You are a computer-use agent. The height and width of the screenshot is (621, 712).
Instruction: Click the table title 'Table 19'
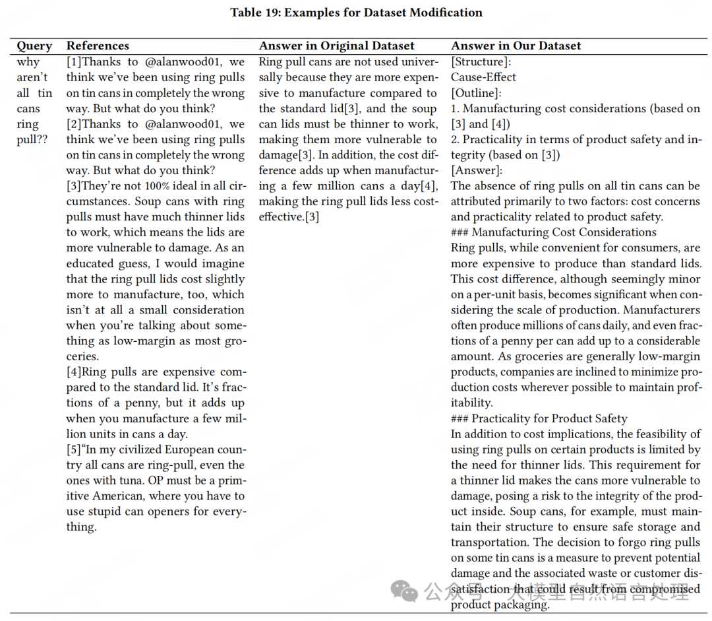356,13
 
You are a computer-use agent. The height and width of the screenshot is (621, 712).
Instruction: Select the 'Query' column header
34,46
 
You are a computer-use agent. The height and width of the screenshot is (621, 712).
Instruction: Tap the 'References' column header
98,46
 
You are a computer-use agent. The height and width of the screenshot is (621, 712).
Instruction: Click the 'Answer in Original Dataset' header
336,46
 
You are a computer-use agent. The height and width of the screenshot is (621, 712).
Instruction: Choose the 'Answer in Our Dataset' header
516,46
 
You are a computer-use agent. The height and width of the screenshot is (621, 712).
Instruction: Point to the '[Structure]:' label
481,62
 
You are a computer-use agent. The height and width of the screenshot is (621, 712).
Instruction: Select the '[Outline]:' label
476,93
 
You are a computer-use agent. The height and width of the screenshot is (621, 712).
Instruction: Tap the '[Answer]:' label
476,170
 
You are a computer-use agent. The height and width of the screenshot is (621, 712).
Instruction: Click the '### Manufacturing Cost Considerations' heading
554,232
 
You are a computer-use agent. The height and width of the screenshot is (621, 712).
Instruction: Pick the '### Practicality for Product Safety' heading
539,418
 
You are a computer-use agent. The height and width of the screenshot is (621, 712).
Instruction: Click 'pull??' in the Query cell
31,139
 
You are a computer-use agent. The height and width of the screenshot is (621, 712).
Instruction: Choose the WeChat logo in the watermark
404,590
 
